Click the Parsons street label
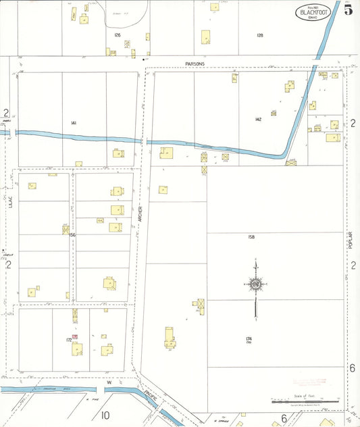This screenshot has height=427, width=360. pyautogui.click(x=195, y=64)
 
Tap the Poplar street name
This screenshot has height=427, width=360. pyautogui.click(x=351, y=240)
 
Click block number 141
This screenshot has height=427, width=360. pyautogui.click(x=73, y=122)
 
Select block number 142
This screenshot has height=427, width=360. pyautogui.click(x=258, y=119)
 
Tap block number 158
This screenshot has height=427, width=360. pyautogui.click(x=251, y=237)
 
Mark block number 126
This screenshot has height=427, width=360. pyautogui.click(x=117, y=34)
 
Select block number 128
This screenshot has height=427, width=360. pyautogui.click(x=259, y=34)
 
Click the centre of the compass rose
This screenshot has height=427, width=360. pyautogui.click(x=256, y=285)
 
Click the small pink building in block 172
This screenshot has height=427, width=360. pyautogui.click(x=75, y=336)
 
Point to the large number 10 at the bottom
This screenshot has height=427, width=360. pyautogui.click(x=105, y=416)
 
